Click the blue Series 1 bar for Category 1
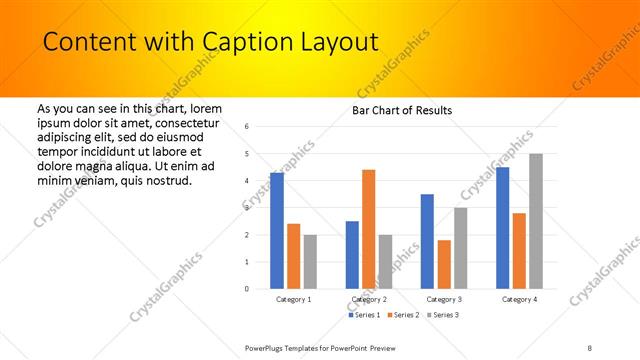(277, 231)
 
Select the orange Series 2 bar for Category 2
(368, 229)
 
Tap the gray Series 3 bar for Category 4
(535, 221)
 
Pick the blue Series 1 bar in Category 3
(427, 241)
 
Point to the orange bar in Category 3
(444, 264)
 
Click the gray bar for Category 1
(310, 262)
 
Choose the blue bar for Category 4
(502, 228)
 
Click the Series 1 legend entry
(367, 315)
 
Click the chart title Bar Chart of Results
(402, 110)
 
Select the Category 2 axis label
(369, 299)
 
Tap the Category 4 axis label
(519, 299)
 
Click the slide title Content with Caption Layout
(210, 42)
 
